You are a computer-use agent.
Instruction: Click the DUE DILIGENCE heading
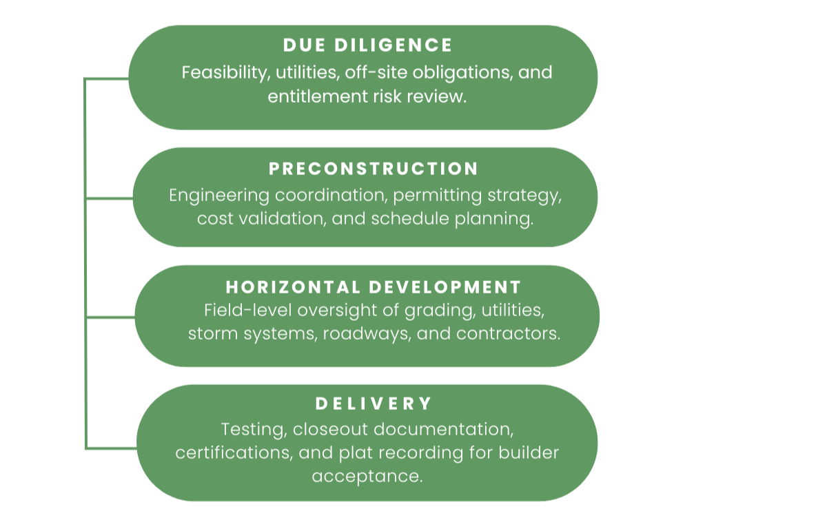click(367, 45)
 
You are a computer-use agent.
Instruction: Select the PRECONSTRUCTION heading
click(374, 169)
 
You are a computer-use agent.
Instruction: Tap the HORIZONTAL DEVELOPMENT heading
click(374, 287)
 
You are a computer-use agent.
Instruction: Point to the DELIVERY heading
click(374, 404)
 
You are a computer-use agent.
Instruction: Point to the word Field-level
click(246, 311)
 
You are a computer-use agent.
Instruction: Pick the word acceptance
click(367, 477)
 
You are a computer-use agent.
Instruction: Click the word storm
click(212, 334)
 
